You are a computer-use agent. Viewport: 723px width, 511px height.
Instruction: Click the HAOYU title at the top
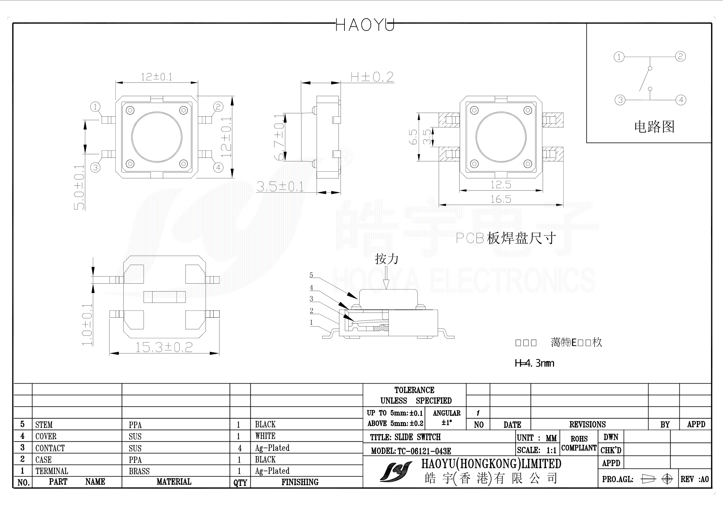click(365, 25)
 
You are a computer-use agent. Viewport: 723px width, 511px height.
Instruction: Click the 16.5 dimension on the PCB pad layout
click(500, 199)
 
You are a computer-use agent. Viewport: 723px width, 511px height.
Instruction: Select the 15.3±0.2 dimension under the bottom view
click(164, 347)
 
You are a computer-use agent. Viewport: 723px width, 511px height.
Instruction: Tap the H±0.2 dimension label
click(372, 77)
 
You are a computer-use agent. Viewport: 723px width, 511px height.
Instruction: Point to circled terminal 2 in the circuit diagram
click(680, 56)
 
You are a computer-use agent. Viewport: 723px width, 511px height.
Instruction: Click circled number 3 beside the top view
click(95, 168)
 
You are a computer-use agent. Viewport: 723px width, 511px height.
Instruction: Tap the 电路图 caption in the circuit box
click(654, 127)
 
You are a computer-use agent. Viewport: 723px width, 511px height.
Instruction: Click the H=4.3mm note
click(534, 363)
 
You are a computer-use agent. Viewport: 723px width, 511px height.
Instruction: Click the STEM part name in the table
click(44, 425)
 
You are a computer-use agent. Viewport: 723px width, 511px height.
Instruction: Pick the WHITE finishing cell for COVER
click(265, 436)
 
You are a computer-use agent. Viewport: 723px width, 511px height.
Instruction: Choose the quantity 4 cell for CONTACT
click(240, 448)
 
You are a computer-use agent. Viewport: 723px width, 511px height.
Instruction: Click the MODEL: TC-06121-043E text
click(411, 451)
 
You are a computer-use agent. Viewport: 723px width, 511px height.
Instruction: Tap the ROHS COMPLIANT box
click(579, 443)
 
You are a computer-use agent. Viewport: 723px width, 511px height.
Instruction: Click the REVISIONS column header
click(587, 424)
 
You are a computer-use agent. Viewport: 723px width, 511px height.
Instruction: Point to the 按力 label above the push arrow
click(386, 259)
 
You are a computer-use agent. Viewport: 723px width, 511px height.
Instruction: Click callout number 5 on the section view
click(311, 275)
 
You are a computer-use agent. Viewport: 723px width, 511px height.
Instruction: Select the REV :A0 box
click(694, 479)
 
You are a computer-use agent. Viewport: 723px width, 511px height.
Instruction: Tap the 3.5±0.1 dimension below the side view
click(280, 187)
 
